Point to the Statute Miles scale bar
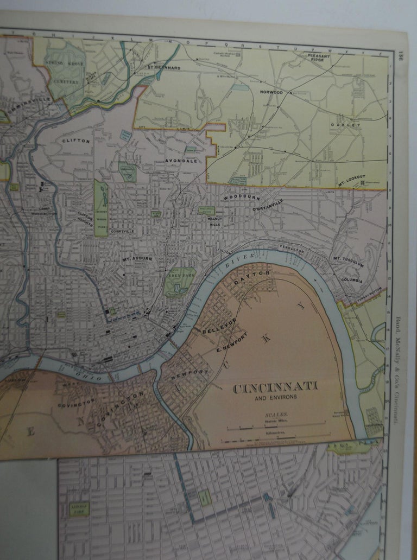click(x=276, y=423)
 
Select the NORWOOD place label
click(x=271, y=93)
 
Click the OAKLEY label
click(x=345, y=125)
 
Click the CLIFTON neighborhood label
click(x=75, y=141)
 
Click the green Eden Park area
click(x=179, y=281)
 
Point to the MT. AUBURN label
click(x=137, y=259)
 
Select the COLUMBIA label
click(x=352, y=280)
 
